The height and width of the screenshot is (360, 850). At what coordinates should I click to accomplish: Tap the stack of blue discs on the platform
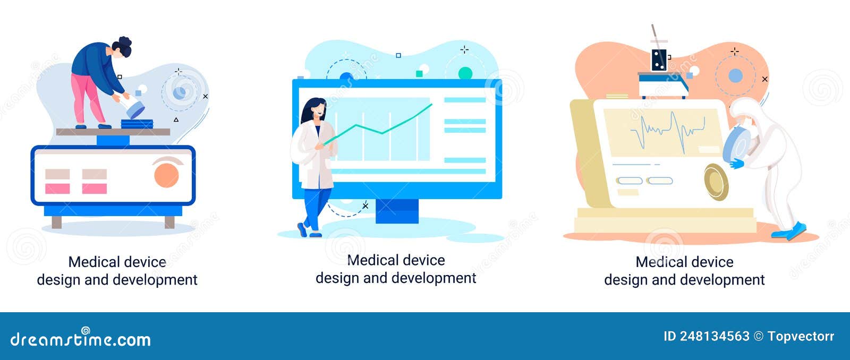point(137,124)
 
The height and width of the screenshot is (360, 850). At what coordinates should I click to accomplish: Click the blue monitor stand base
point(397,211)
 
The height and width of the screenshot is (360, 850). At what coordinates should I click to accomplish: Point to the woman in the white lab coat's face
point(318,111)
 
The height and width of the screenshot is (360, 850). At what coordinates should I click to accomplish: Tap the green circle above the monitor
point(465,73)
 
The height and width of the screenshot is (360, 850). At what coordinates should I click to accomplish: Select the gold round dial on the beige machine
point(716,182)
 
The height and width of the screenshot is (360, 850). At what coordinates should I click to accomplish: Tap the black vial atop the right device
point(659,61)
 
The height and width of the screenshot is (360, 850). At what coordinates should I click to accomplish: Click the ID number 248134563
point(715,336)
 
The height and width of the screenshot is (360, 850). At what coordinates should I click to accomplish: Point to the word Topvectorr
point(801,336)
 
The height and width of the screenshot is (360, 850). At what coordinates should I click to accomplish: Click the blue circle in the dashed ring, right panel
point(735,76)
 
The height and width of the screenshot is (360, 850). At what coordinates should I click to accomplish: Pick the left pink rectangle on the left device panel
point(57,188)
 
